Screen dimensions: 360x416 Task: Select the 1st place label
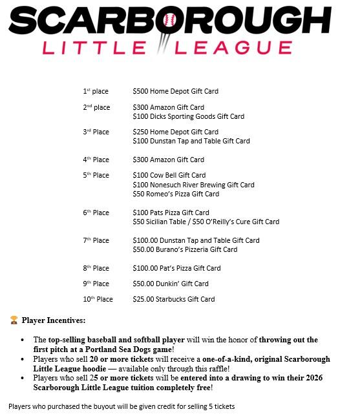pyautogui.click(x=96, y=92)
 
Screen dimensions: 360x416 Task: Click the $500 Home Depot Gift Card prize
pyautogui.click(x=175, y=92)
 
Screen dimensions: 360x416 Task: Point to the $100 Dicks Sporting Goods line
pyautogui.click(x=188, y=117)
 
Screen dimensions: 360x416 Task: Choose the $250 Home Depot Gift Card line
pyautogui.click(x=175, y=132)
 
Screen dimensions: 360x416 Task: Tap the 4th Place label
pyautogui.click(x=96, y=160)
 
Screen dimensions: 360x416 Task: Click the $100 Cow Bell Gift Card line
pyautogui.click(x=169, y=175)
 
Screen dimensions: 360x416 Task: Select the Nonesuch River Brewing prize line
pyautogui.click(x=193, y=185)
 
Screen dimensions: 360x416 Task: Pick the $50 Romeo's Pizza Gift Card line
pyautogui.click(x=175, y=194)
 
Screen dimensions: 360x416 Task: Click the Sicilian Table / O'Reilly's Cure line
pyautogui.click(x=206, y=222)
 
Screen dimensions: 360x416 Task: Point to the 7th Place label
pyautogui.click(x=96, y=240)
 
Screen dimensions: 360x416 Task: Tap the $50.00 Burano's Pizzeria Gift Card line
pyautogui.click(x=185, y=249)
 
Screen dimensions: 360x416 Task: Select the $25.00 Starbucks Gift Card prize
pyautogui.click(x=173, y=299)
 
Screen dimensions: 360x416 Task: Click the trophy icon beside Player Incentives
pyautogui.click(x=14, y=320)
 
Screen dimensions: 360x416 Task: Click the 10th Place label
pyautogui.click(x=98, y=299)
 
